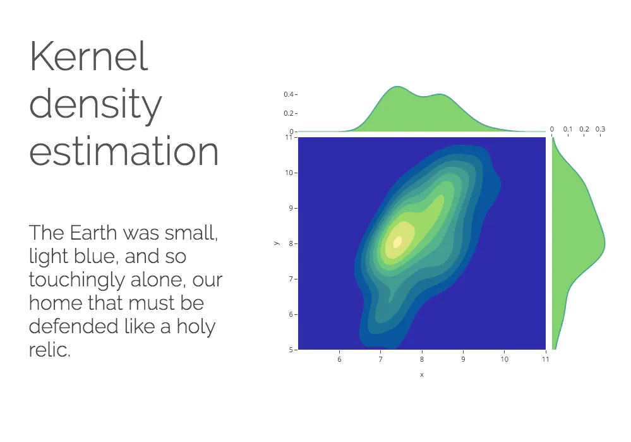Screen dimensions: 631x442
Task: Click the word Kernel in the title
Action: [x=89, y=56]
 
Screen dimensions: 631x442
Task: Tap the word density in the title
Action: [x=95, y=103]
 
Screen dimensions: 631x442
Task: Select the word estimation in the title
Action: [x=124, y=150]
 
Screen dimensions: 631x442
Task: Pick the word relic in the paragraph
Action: [x=49, y=349]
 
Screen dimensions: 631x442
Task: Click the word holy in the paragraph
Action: [x=196, y=327]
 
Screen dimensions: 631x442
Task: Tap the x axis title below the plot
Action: [x=422, y=375]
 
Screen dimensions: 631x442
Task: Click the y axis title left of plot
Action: [x=277, y=243]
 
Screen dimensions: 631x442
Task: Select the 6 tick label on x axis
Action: [x=339, y=359]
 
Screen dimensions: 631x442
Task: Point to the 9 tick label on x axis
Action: [x=463, y=359]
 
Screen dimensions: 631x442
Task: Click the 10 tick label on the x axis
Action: [x=504, y=359]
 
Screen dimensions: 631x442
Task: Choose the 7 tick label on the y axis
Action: [x=291, y=279]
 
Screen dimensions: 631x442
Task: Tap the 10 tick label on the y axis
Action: [x=289, y=173]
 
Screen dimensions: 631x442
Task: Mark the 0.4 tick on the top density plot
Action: [x=289, y=94]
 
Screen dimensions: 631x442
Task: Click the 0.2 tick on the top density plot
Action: [x=289, y=113]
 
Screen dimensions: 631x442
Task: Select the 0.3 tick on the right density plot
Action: [x=600, y=129]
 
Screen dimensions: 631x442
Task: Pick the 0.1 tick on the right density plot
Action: [x=568, y=129]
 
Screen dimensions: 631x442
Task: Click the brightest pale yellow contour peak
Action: [x=397, y=242]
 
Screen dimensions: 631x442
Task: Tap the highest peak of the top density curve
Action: [x=397, y=86]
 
